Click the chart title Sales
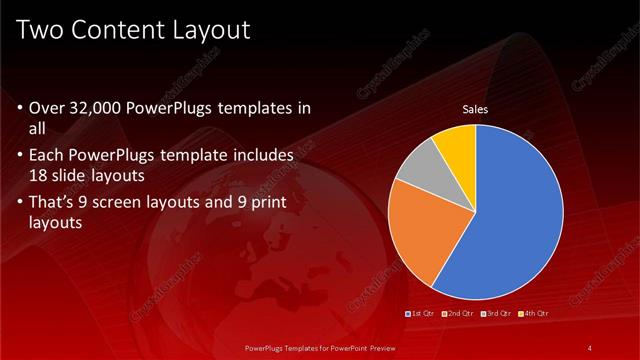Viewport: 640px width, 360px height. tap(474, 110)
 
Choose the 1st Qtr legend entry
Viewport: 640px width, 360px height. tap(421, 313)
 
